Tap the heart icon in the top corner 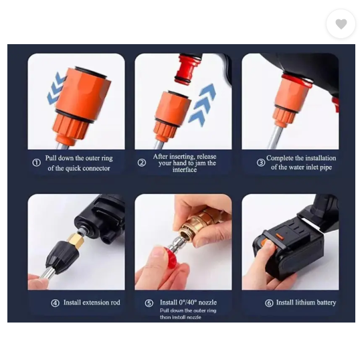click(341, 24)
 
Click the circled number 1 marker click(37, 163)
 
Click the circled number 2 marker click(141, 163)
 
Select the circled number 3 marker click(260, 163)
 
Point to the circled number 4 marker click(56, 303)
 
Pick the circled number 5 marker click(149, 303)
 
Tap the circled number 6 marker click(269, 303)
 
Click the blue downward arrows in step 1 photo click(56, 88)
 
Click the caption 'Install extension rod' click(92, 303)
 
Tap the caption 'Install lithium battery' click(306, 303)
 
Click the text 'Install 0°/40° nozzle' click(188, 303)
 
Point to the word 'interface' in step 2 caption click(184, 171)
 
